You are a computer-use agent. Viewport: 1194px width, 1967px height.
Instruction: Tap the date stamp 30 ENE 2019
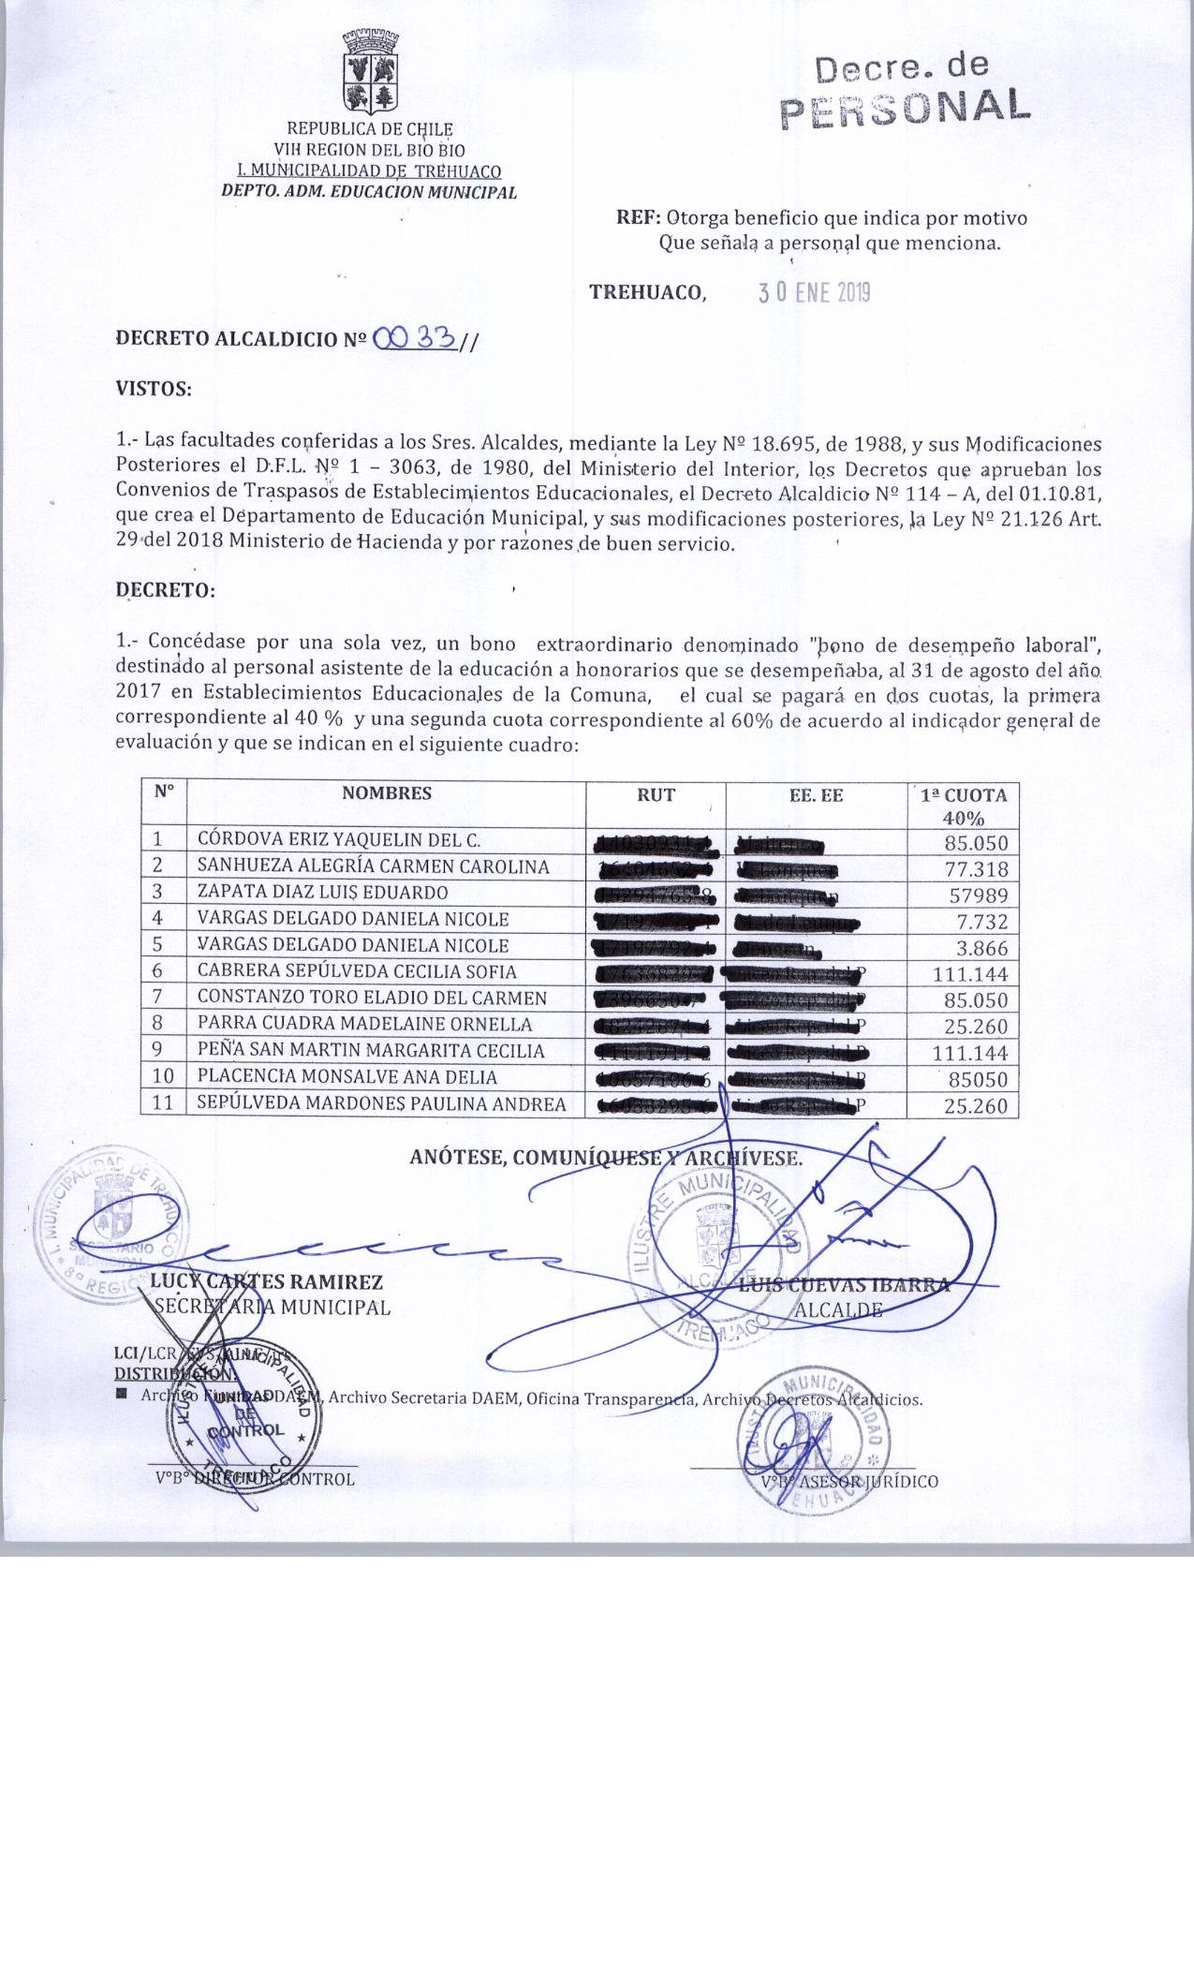tap(814, 293)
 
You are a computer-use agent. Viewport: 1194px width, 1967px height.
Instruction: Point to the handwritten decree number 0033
tap(414, 338)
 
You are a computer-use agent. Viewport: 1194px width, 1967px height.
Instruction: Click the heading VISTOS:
tap(153, 389)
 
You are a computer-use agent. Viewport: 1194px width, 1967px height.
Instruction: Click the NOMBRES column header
tap(386, 793)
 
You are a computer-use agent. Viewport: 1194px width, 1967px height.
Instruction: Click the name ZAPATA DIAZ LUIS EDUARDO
tap(322, 893)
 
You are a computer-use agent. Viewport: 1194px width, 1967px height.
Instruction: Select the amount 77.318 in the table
tap(976, 868)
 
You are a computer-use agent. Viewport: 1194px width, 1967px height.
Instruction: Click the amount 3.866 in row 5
tap(980, 947)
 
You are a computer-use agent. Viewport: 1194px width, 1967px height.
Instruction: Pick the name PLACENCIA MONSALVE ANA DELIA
tap(346, 1077)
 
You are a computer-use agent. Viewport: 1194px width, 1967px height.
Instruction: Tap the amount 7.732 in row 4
tap(980, 921)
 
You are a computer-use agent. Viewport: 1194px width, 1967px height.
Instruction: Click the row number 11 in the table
tap(163, 1103)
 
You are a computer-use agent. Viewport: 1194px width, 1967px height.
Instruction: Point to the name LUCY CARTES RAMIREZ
tap(267, 1282)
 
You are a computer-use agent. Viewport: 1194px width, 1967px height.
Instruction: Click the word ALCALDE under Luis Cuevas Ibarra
tap(837, 1309)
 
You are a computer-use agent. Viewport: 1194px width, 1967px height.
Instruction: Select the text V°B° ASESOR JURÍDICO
tap(848, 1481)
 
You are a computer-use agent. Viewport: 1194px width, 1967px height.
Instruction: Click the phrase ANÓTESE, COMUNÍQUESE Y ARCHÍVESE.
tap(606, 1158)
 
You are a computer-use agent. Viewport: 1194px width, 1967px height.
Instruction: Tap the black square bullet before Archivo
tap(121, 1396)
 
